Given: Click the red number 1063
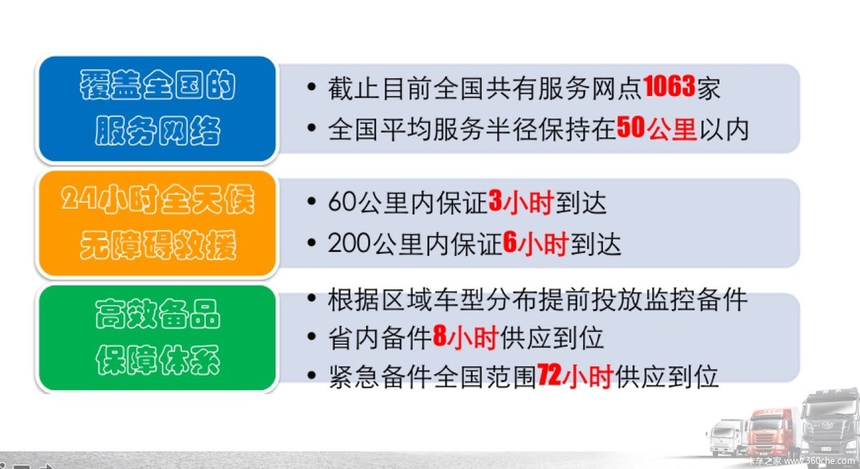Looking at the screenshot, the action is point(669,86).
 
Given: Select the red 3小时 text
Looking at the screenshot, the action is point(521,202).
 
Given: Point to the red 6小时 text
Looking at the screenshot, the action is point(535,244).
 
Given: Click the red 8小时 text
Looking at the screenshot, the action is point(466,337).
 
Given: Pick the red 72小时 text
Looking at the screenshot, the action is point(575,375).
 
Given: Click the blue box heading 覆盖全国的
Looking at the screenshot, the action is point(158,85).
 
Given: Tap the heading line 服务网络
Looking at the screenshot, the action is point(158,131).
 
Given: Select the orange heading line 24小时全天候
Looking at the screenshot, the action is point(158,199).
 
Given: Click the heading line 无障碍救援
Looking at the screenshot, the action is point(158,245).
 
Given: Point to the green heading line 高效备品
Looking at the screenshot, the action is point(158,314).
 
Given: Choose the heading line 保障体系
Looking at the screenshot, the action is point(158,359).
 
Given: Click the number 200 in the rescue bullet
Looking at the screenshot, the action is point(350,244).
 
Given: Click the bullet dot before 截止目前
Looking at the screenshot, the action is point(312,87).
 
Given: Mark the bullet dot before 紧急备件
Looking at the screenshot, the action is point(312,375).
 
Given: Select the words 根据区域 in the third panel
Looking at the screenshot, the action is point(380,300).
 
